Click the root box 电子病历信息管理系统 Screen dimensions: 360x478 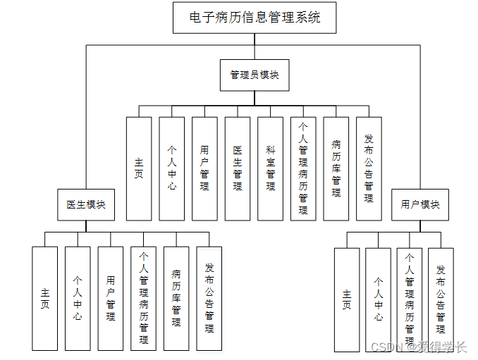pyautogui.click(x=255, y=18)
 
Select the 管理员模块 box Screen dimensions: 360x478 pyautogui.click(x=255, y=75)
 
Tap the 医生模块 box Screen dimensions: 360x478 pyautogui.click(x=86, y=204)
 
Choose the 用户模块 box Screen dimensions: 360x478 pyautogui.click(x=420, y=204)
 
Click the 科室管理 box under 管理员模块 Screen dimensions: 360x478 pyautogui.click(x=271, y=168)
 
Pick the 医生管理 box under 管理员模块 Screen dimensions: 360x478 pyautogui.click(x=238, y=168)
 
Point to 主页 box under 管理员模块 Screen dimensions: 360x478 pyautogui.click(x=139, y=168)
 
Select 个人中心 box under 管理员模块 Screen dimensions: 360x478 pyautogui.click(x=172, y=168)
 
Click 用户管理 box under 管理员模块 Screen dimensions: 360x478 pyautogui.click(x=204, y=168)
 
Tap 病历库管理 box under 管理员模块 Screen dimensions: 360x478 pyautogui.click(x=336, y=168)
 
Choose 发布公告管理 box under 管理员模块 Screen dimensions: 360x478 pyautogui.click(x=369, y=168)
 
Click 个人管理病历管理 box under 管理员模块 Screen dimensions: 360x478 pyautogui.click(x=303, y=168)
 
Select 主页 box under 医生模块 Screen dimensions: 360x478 pyautogui.click(x=45, y=298)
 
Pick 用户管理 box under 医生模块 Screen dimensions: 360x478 pyautogui.click(x=111, y=298)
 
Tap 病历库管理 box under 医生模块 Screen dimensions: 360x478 pyautogui.click(x=176, y=298)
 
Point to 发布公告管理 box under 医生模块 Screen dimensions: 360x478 pyautogui.click(x=209, y=298)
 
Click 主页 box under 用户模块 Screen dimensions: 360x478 pyautogui.click(x=346, y=299)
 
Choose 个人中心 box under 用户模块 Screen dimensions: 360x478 pyautogui.click(x=379, y=299)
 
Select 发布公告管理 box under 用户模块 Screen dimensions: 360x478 pyautogui.click(x=441, y=299)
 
